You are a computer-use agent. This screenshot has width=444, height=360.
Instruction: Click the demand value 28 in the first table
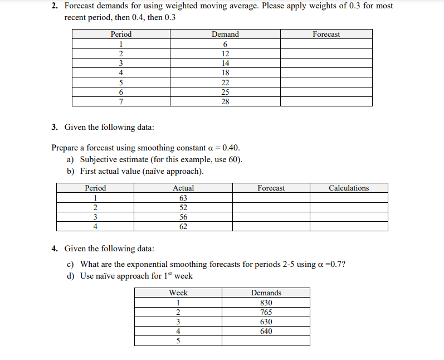tap(225, 101)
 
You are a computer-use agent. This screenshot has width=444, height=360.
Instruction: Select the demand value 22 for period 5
tap(225, 82)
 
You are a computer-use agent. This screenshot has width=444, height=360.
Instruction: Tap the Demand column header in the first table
tap(225, 35)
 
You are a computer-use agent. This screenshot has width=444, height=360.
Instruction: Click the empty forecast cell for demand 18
tap(326, 72)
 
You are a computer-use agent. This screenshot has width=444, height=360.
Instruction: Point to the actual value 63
tap(183, 198)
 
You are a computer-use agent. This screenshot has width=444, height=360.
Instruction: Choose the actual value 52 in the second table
tap(183, 207)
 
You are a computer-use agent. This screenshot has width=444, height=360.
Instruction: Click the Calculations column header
tap(349, 188)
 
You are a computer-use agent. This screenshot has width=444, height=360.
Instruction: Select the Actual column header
tap(183, 188)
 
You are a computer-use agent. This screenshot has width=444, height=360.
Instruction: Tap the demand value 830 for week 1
tap(266, 303)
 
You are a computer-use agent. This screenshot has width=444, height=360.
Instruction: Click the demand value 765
tap(266, 312)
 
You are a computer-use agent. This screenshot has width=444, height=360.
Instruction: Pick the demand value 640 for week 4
tap(266, 331)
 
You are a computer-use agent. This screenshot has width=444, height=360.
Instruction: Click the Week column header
tap(178, 293)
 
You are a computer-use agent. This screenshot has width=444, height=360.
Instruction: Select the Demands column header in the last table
tap(266, 293)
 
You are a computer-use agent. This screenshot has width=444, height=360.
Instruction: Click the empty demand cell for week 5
tap(266, 340)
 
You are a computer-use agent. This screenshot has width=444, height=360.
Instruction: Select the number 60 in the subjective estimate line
tap(232, 159)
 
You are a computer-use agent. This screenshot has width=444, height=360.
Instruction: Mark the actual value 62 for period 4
tap(183, 226)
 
